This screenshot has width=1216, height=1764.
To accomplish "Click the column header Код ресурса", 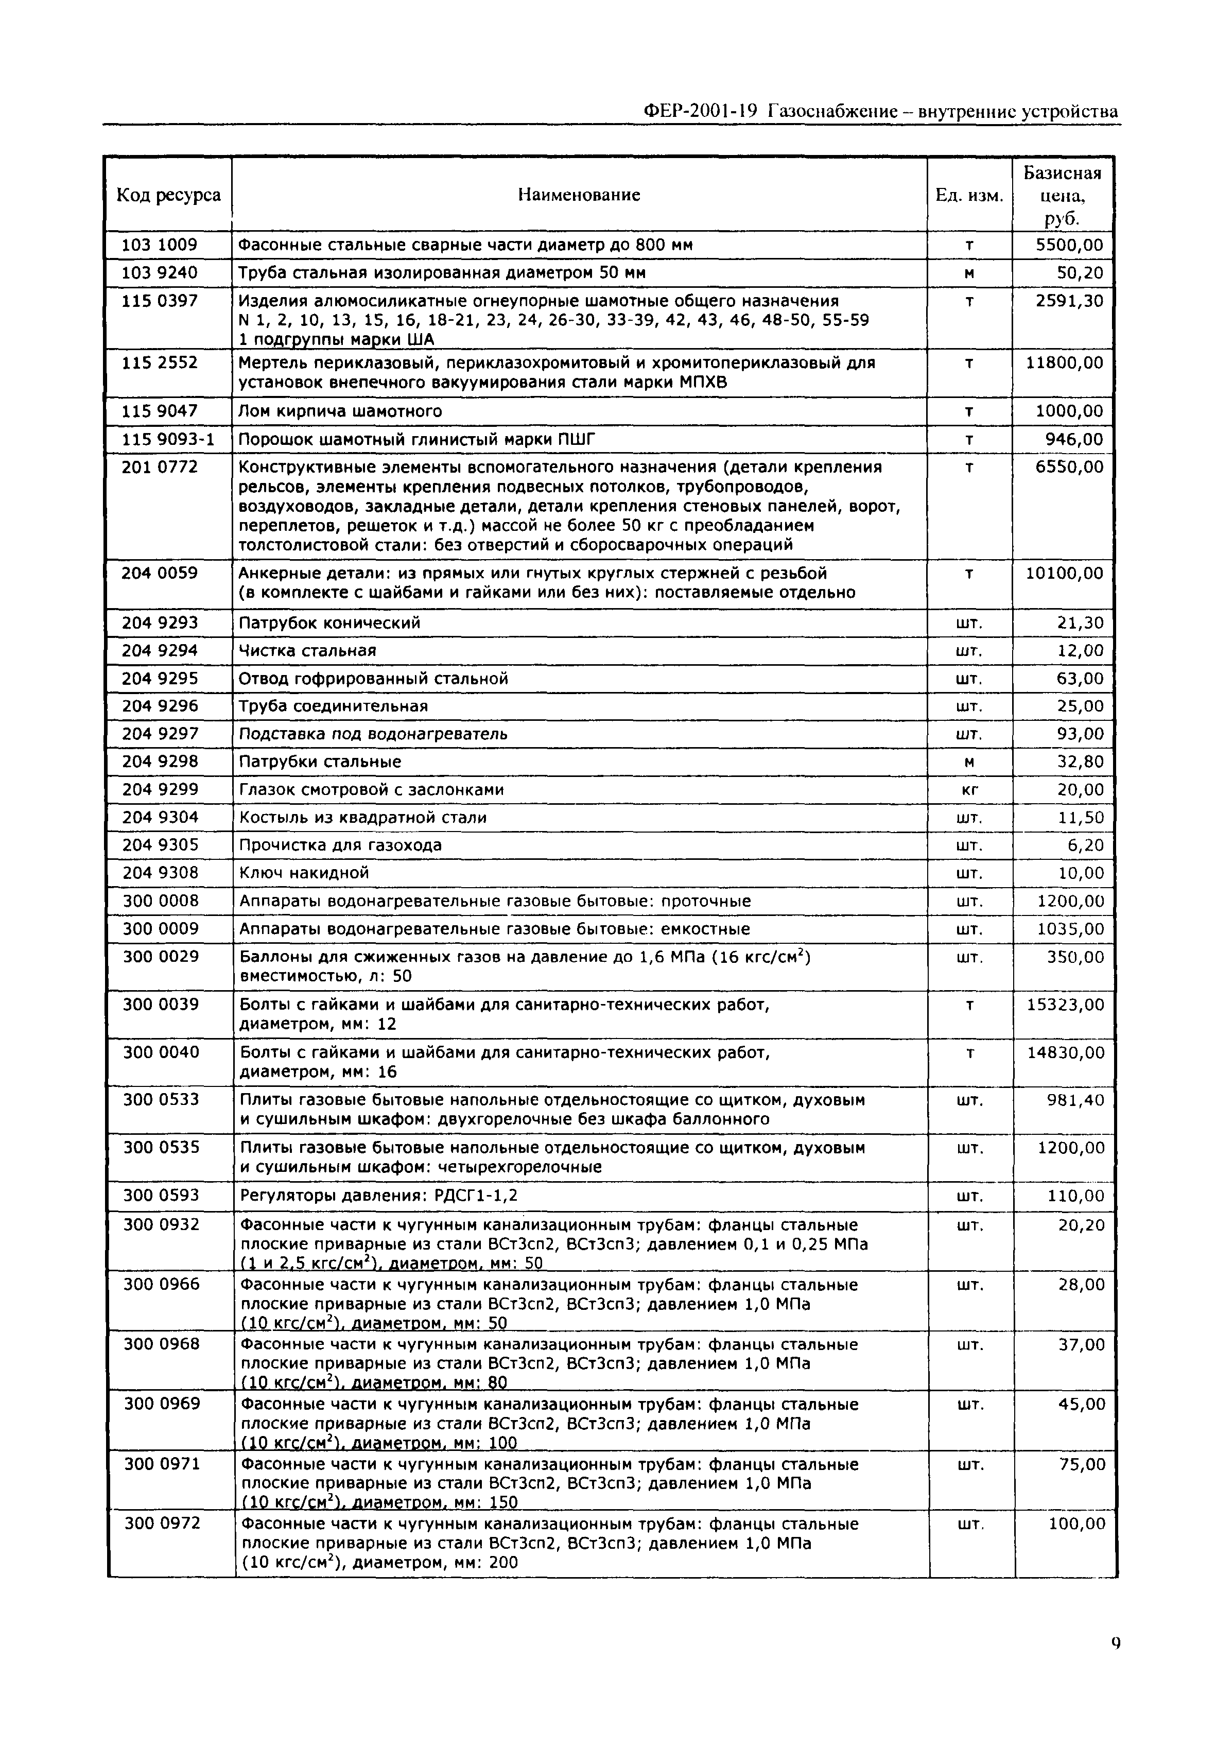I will [x=168, y=195].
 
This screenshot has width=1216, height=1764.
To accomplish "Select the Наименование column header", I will [x=579, y=195].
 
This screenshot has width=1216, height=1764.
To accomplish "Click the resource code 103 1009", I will [x=159, y=245].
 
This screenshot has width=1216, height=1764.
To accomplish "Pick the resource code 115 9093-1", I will [x=168, y=439].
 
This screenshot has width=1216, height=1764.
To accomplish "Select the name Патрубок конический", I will [x=329, y=622].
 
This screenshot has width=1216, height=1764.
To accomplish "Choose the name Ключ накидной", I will [x=304, y=873].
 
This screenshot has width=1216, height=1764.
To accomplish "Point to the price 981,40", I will [x=1075, y=1100].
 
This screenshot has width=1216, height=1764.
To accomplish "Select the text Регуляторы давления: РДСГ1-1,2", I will [x=379, y=1196].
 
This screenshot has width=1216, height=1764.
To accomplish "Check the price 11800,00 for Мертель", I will [x=1064, y=362].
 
